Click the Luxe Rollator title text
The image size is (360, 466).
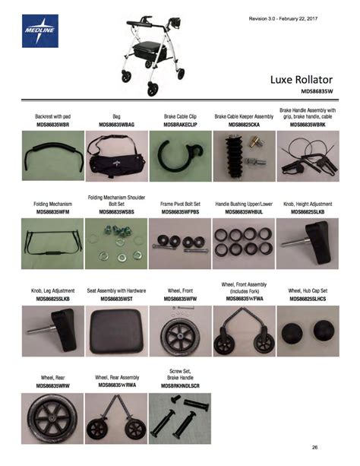(x=303, y=78)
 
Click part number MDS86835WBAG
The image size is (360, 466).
(x=116, y=124)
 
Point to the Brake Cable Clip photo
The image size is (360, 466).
(x=180, y=154)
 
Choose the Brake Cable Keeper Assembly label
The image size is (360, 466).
(x=244, y=116)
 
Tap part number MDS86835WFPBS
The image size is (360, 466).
(x=180, y=211)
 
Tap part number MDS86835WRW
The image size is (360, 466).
(x=52, y=385)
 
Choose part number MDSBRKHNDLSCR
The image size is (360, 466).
(x=180, y=386)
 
